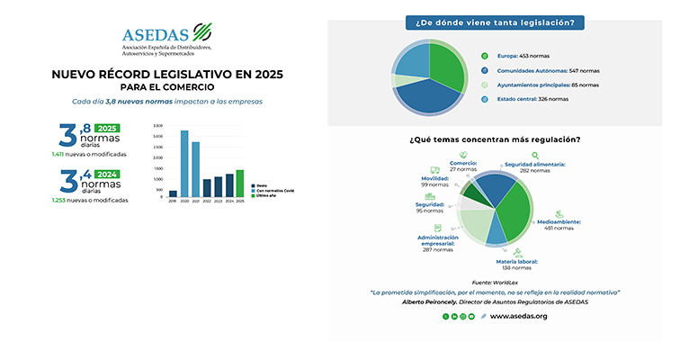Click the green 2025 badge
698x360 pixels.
coord(107,129)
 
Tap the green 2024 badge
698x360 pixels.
coord(107,175)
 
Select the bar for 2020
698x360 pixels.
coord(184,163)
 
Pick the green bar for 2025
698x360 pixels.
coord(240,183)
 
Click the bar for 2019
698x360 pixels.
coord(173,193)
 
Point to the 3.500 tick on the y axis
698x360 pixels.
coord(158,126)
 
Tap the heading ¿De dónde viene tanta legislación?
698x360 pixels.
coord(496,22)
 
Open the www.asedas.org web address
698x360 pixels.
coord(519,316)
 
